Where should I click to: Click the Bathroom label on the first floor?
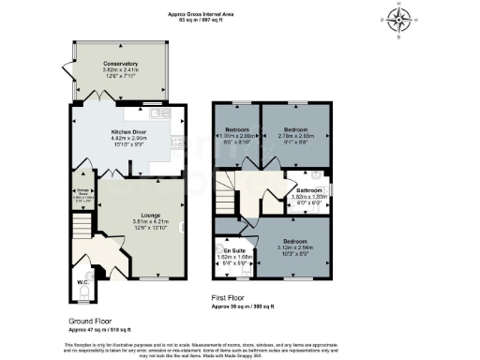309,189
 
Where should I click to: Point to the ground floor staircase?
82,226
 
